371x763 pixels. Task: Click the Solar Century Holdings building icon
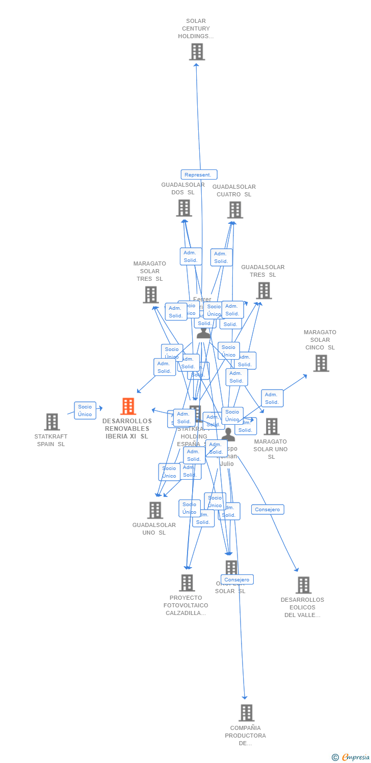(197, 52)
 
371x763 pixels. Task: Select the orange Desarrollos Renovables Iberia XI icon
(128, 406)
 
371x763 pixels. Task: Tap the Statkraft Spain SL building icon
(52, 422)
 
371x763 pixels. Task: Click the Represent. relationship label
(199, 174)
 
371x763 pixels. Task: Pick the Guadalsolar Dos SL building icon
(184, 208)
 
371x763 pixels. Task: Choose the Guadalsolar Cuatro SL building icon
(235, 210)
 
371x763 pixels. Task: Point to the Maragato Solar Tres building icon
(150, 295)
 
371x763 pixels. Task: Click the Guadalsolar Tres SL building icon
(263, 290)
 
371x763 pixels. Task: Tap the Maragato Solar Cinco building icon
(321, 363)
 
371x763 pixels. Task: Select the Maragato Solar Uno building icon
(271, 426)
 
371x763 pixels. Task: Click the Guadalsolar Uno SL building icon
(155, 510)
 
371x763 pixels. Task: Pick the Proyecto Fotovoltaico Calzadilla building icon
(187, 583)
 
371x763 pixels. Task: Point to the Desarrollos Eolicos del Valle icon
(303, 585)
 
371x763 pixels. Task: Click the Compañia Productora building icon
(246, 713)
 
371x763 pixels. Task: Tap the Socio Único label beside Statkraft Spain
(85, 410)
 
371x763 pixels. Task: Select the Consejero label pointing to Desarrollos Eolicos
(268, 509)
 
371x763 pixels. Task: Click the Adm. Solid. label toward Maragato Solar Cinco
(272, 398)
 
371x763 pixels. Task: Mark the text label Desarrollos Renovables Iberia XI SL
(127, 429)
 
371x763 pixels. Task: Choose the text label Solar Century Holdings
(196, 28)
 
